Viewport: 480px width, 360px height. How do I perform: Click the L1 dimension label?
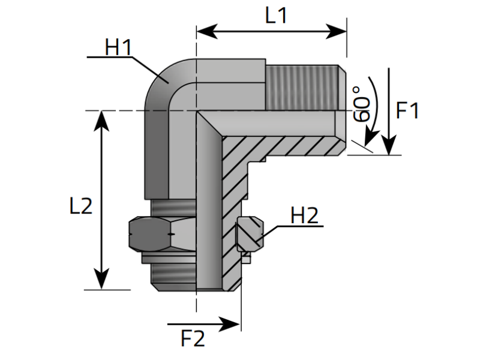(276, 16)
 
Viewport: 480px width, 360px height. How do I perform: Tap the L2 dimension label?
(81, 206)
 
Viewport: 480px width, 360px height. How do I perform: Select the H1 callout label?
(118, 47)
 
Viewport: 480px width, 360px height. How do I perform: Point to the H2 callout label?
(304, 215)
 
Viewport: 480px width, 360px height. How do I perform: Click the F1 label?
(407, 110)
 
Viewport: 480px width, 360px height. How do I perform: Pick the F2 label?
(193, 338)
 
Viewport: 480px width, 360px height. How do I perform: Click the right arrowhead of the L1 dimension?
(336, 31)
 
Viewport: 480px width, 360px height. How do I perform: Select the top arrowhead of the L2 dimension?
(101, 121)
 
